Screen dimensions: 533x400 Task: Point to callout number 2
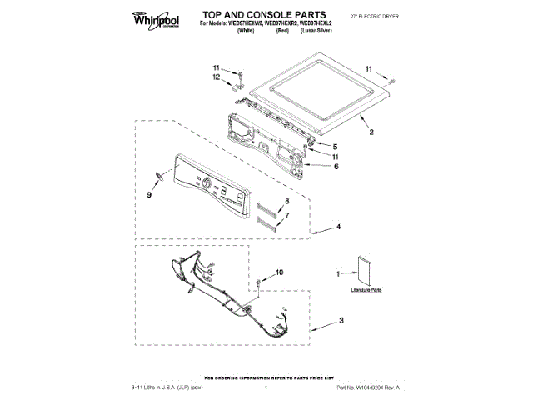pos(371,132)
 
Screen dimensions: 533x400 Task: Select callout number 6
pos(336,166)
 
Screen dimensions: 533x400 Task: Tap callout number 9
pos(149,195)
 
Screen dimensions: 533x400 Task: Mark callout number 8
pos(286,202)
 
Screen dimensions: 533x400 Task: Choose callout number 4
pos(338,227)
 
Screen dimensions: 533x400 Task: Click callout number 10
pos(279,272)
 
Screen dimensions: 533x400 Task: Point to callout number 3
pos(341,321)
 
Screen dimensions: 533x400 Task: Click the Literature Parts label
pos(366,290)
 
